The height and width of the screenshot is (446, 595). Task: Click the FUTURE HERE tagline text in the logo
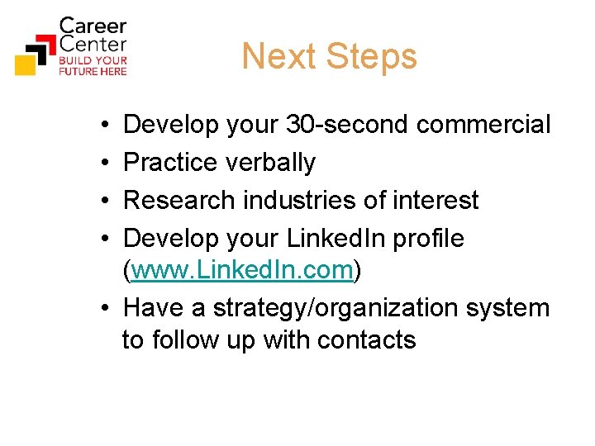(x=93, y=72)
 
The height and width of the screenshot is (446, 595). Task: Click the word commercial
(x=483, y=125)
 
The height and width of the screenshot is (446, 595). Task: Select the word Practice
(x=170, y=163)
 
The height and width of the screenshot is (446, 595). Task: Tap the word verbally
(x=270, y=163)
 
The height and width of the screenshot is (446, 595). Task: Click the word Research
(x=177, y=201)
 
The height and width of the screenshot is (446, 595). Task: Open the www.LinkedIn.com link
(x=242, y=270)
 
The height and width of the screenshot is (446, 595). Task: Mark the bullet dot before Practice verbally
(x=99, y=164)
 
